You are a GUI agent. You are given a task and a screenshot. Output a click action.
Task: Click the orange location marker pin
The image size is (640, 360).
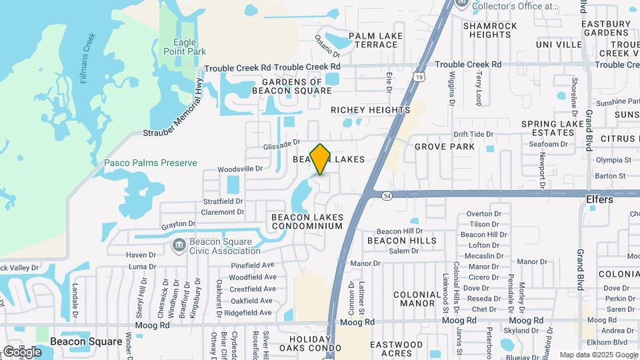click(x=321, y=159)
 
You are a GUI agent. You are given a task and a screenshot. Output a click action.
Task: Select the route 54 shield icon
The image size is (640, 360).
click(x=387, y=195)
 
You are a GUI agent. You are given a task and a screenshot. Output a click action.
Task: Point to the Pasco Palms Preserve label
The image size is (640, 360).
click(x=151, y=163)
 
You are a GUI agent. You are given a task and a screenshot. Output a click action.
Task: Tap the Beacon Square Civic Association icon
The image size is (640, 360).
click(x=179, y=246)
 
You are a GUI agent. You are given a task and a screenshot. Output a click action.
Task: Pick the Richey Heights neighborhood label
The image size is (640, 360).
click(x=371, y=110)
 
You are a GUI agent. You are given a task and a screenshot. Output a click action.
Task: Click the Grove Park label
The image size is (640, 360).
click(x=445, y=147)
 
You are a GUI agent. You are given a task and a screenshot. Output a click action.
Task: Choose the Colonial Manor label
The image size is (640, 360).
click(x=417, y=299)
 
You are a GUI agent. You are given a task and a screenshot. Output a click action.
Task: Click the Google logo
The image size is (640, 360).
click(x=22, y=351)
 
